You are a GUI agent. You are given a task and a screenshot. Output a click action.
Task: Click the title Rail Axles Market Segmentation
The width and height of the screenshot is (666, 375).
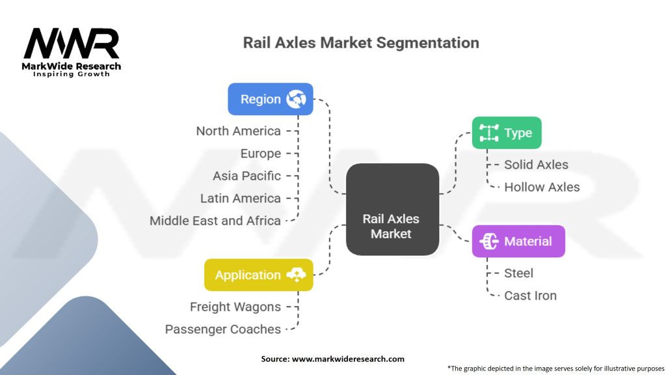pyautogui.click(x=361, y=43)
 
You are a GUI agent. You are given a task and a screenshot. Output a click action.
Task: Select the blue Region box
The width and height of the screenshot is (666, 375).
pyautogui.click(x=270, y=99)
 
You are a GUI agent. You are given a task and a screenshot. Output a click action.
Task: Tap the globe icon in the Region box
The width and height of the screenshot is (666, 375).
pyautogui.click(x=297, y=99)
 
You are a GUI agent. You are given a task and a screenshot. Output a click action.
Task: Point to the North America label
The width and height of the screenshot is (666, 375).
pyautogui.click(x=238, y=131)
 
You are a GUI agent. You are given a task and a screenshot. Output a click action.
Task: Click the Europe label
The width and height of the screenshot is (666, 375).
pyautogui.click(x=260, y=154)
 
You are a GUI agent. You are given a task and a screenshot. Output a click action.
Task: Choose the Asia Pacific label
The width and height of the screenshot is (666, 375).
pyautogui.click(x=246, y=176)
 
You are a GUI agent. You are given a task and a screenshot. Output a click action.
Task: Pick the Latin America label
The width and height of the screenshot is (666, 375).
pyautogui.click(x=241, y=199)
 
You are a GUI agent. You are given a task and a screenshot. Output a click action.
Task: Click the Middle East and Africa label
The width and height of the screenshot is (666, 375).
pyautogui.click(x=215, y=221)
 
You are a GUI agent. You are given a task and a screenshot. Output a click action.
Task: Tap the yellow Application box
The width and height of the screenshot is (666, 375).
pyautogui.click(x=258, y=275)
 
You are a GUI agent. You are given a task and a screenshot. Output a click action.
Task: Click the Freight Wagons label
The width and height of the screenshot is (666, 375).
pyautogui.click(x=235, y=307)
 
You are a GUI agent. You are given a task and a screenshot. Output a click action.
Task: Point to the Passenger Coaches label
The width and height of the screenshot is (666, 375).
pyautogui.click(x=222, y=329)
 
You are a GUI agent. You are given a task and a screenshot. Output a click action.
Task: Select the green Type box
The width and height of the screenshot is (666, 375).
pyautogui.click(x=507, y=133)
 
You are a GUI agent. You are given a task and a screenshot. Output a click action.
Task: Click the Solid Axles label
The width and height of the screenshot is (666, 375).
pyautogui.click(x=536, y=165)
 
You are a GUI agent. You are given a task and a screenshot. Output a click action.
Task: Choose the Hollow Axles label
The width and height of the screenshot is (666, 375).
pyautogui.click(x=542, y=187)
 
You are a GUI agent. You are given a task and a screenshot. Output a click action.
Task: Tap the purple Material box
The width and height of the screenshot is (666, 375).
pyautogui.click(x=518, y=242)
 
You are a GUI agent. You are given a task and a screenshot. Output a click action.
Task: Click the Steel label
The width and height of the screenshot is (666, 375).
pyautogui.click(x=518, y=273)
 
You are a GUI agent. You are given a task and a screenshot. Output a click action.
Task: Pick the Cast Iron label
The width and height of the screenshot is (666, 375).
pyautogui.click(x=530, y=296)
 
